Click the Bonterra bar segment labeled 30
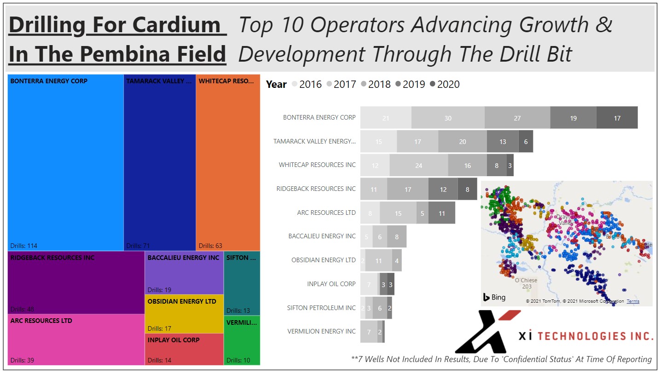coord(448,118)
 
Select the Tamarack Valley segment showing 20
coord(463,142)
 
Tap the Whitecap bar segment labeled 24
coord(418,166)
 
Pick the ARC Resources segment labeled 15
coord(398,213)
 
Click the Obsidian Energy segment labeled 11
coord(378,261)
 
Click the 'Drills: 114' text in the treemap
coord(24,246)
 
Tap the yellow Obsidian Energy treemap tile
coord(184,314)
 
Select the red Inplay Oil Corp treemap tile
coord(184,350)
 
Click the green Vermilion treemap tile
coord(242,340)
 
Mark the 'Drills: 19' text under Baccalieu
coord(159,290)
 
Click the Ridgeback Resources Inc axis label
coord(316,189)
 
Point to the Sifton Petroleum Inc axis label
coord(321,308)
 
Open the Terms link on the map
coord(633,301)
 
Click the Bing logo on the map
coord(494,297)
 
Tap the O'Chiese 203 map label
coord(526,283)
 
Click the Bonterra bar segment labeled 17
coord(617,118)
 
